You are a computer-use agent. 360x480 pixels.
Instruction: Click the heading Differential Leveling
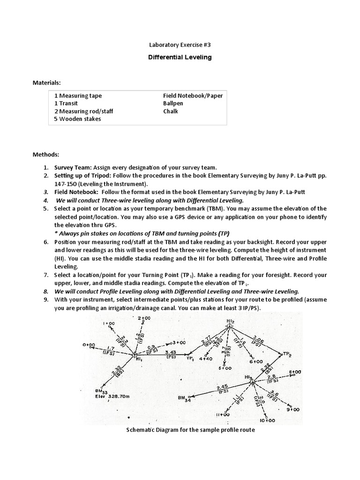[180, 57]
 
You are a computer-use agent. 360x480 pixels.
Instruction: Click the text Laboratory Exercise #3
[180, 45]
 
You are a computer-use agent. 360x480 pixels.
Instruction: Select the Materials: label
[46, 83]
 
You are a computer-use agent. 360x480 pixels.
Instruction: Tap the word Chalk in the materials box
[171, 112]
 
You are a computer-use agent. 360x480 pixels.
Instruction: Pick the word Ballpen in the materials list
[173, 104]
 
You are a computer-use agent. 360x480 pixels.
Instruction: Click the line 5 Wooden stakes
[77, 119]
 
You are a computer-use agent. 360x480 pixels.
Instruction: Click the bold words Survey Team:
[73, 167]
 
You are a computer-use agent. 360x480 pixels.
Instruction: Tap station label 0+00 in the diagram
[89, 345]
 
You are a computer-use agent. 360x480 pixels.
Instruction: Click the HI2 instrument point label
[230, 321]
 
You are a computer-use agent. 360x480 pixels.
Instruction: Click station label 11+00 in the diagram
[222, 414]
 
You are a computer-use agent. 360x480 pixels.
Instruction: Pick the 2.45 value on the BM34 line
[222, 387]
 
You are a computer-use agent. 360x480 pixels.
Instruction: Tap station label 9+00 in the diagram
[293, 409]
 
